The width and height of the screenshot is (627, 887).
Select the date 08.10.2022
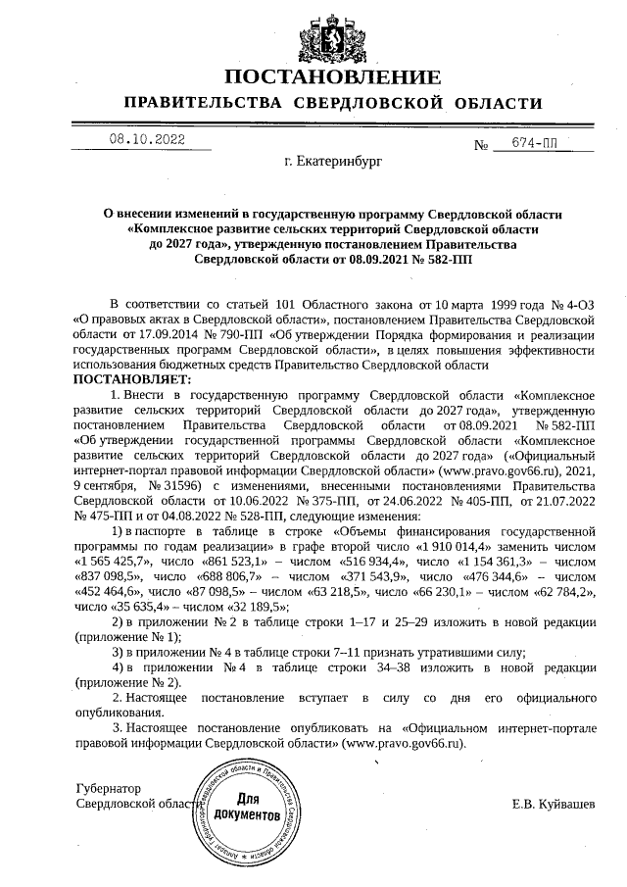(x=147, y=140)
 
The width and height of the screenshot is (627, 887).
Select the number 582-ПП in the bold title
(x=446, y=260)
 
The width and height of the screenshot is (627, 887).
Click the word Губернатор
(x=109, y=788)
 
